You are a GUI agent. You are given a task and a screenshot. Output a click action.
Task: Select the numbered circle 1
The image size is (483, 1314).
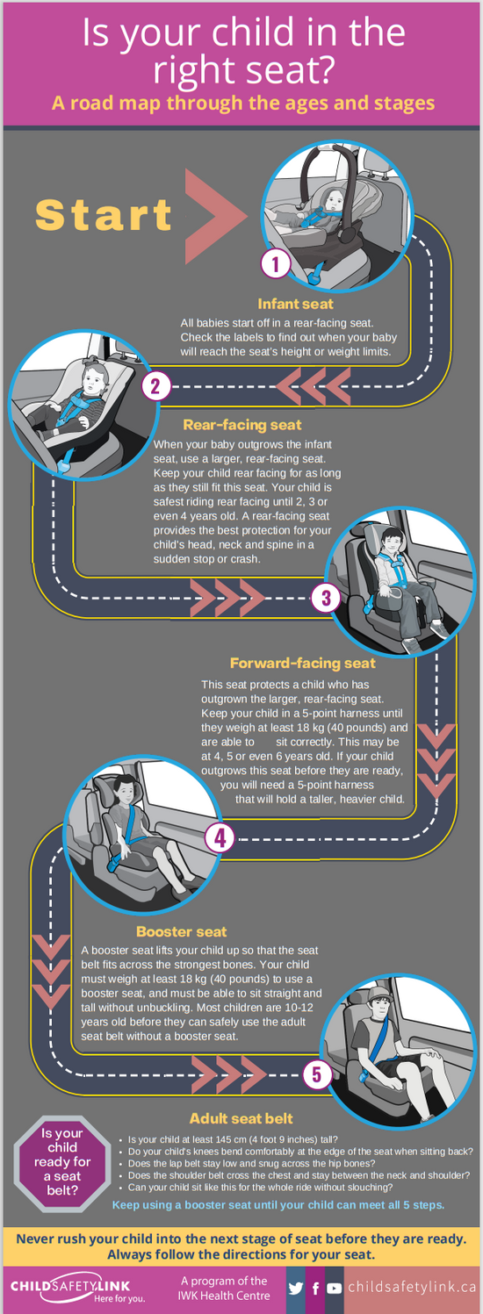pyautogui.click(x=276, y=263)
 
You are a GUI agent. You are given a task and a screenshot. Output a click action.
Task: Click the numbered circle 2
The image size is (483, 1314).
pyautogui.click(x=155, y=385)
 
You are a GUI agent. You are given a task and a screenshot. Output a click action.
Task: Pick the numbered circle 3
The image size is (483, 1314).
pyautogui.click(x=325, y=599)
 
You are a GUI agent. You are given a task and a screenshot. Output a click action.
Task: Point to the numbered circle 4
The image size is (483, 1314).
pyautogui.click(x=220, y=838)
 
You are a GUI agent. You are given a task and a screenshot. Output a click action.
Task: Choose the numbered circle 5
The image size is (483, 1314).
pyautogui.click(x=317, y=1074)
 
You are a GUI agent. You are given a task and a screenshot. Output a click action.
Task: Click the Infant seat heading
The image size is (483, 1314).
pyautogui.click(x=295, y=305)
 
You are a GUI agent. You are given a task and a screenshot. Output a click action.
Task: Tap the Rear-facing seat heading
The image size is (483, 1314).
pyautogui.click(x=242, y=426)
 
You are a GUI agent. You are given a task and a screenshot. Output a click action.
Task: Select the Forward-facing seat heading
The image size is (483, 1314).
pyautogui.click(x=302, y=664)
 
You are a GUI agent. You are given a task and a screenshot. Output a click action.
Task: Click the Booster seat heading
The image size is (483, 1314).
pyautogui.click(x=181, y=932)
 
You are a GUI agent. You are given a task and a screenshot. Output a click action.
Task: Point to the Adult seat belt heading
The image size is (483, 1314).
pyautogui.click(x=241, y=1119)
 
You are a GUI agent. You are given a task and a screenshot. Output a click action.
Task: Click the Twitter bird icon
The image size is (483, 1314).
pyautogui.click(x=296, y=1289)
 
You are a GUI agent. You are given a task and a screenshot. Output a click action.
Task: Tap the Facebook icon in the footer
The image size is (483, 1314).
pyautogui.click(x=315, y=1289)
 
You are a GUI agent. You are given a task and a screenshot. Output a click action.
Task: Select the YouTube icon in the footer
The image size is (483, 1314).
pyautogui.click(x=335, y=1289)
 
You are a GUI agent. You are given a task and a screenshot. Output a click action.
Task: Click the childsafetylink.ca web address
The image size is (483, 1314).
pyautogui.click(x=412, y=1288)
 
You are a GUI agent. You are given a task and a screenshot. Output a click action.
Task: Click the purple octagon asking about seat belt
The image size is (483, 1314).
pyautogui.click(x=62, y=1162)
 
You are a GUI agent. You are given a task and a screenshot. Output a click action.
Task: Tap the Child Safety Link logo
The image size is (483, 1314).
pyautogui.click(x=76, y=1289)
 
